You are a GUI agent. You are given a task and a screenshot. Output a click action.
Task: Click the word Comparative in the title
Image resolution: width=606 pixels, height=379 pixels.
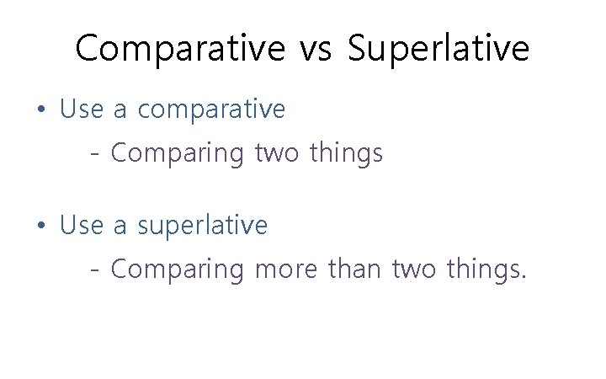coord(180,49)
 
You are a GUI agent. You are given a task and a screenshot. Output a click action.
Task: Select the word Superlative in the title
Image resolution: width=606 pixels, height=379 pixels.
coord(439,49)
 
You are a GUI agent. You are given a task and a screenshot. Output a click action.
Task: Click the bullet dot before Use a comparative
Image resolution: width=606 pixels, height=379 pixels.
coord(41,110)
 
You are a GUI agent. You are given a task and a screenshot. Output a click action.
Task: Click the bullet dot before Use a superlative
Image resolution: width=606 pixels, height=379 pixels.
coord(41,227)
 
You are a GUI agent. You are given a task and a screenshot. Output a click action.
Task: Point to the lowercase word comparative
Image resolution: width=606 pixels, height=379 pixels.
coord(211,110)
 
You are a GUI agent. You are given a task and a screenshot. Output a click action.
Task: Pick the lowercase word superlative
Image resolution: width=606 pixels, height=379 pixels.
coord(202,227)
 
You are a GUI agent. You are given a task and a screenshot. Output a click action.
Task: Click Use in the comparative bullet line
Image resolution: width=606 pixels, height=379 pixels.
coord(82,109)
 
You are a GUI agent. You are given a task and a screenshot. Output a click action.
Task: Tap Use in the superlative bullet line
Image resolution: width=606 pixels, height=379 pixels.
coord(82,226)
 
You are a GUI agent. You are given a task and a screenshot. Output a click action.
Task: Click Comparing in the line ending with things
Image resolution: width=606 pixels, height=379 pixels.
coord(177,154)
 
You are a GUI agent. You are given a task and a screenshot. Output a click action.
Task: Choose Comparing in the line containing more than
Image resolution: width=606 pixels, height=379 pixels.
coord(177,270)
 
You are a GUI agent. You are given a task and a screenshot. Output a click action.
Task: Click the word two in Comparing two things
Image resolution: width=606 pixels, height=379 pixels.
coord(276,153)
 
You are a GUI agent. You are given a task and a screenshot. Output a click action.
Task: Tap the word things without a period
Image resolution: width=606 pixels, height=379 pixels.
coord(346,154)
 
